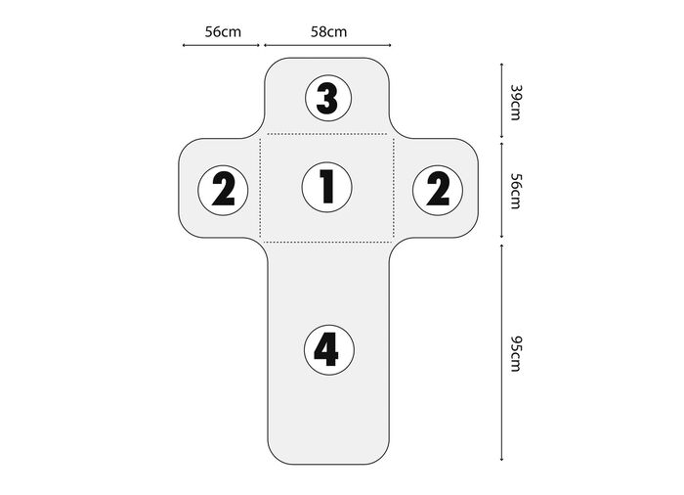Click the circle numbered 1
(326, 187)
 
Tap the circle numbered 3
(328, 98)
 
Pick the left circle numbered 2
(223, 190)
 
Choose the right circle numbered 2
(437, 190)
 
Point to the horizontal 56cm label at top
(223, 31)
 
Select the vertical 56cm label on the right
(515, 191)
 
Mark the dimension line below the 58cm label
(327, 45)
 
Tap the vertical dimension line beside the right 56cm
(501, 191)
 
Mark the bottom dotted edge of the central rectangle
(327, 242)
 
